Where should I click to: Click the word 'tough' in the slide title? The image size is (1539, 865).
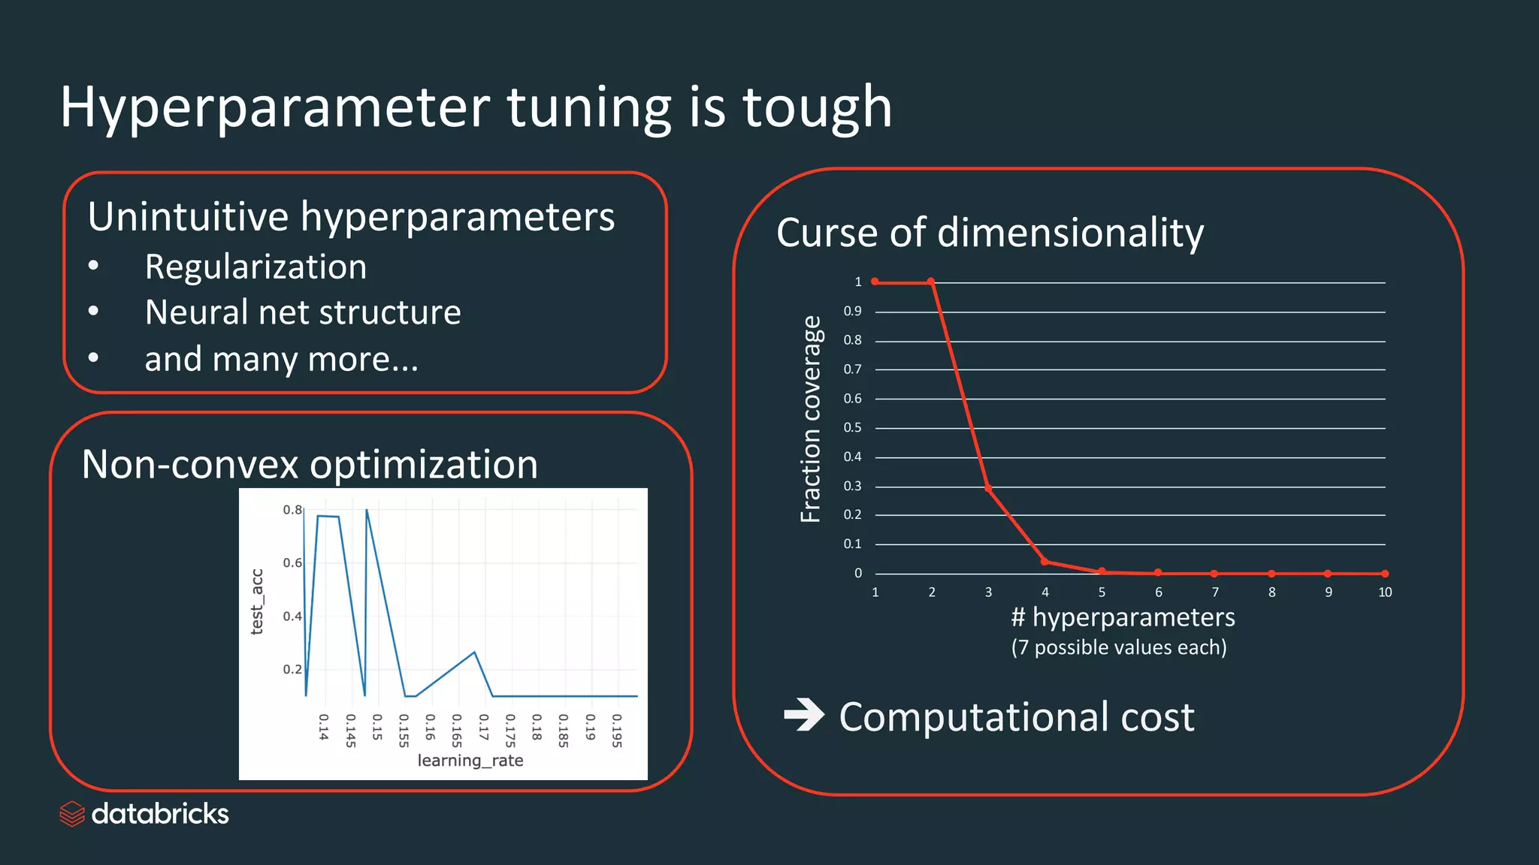[x=817, y=107]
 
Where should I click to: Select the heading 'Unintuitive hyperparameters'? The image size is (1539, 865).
[x=351, y=217]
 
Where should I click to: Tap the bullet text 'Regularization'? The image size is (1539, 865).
[x=255, y=267]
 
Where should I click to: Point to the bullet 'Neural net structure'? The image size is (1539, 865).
[x=303, y=312]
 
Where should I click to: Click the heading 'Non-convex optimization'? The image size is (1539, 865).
[x=310, y=464]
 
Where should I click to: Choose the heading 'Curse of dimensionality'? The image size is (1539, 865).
[x=990, y=233]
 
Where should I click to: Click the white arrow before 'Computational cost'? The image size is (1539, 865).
[x=803, y=715]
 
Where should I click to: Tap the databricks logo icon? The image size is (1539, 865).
[x=72, y=814]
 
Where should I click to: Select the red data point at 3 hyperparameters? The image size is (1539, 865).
[x=988, y=489]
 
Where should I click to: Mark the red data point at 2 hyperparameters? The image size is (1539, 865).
[x=931, y=282]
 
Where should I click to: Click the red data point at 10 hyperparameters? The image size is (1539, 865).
[x=1385, y=574]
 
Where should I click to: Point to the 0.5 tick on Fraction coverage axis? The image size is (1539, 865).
[x=852, y=428]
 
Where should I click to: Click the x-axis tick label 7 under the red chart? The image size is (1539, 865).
[x=1215, y=592]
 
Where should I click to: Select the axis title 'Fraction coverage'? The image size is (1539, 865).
[x=811, y=419]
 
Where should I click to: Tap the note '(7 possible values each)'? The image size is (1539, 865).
[x=1118, y=647]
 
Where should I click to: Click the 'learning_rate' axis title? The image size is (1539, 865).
[x=470, y=761]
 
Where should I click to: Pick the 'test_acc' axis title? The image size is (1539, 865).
[x=257, y=601]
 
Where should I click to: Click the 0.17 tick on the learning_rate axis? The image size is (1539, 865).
[x=483, y=727]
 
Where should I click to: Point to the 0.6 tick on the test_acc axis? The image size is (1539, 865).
[x=292, y=562]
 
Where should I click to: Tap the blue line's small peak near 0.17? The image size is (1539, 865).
[x=475, y=652]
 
